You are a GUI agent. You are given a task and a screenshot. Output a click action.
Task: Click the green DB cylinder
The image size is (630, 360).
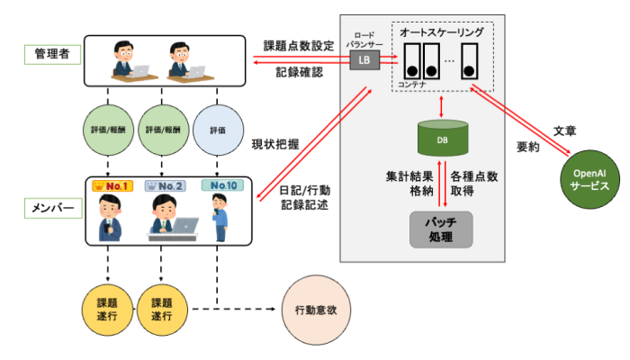pos(442,139)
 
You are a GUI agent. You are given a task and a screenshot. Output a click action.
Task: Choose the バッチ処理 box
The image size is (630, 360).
pos(440,229)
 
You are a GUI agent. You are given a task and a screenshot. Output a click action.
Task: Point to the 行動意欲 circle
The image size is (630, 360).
pos(317,310)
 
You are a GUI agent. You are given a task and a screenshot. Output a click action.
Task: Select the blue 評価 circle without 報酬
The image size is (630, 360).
pos(217,129)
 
